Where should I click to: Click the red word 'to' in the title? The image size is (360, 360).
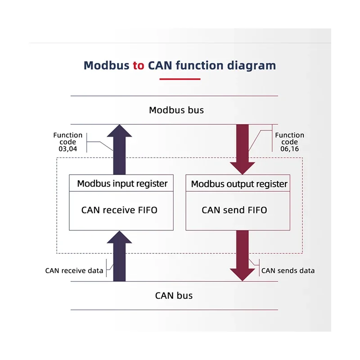pyautogui.click(x=139, y=66)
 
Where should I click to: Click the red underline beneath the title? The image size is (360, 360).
pyautogui.click(x=180, y=79)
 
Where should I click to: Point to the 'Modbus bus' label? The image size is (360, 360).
pyautogui.click(x=176, y=110)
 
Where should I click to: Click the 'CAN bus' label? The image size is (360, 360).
pyautogui.click(x=174, y=296)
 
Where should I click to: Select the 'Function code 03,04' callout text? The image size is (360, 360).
pyautogui.click(x=68, y=142)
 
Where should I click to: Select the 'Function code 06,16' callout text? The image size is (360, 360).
pyautogui.click(x=289, y=142)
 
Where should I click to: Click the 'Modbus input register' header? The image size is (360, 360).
pyautogui.click(x=122, y=184)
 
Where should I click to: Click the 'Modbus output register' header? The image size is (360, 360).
pyautogui.click(x=239, y=184)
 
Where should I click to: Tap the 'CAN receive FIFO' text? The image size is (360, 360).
pyautogui.click(x=119, y=210)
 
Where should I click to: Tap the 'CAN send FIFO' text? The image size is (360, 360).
pyautogui.click(x=234, y=210)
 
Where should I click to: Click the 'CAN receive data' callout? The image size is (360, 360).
pyautogui.click(x=74, y=270)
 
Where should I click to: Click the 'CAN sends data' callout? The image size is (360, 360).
pyautogui.click(x=288, y=270)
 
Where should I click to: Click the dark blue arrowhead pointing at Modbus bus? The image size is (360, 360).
pyautogui.click(x=119, y=131)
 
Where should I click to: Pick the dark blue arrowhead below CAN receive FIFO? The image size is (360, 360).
pyautogui.click(x=119, y=237)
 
